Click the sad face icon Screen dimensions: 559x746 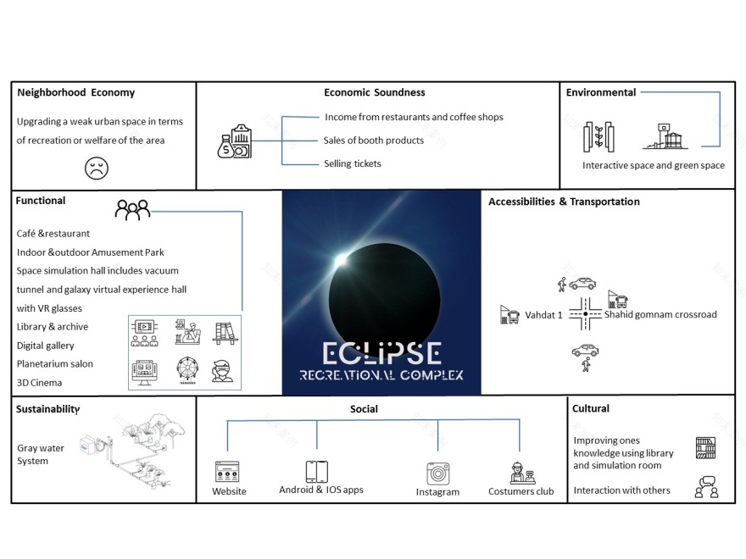pyautogui.click(x=97, y=168)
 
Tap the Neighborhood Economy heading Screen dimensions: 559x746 pyautogui.click(x=75, y=92)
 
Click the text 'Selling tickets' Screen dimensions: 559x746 pyautogui.click(x=353, y=163)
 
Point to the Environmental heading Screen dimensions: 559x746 pyautogui.click(x=600, y=92)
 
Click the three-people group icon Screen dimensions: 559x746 pyautogui.click(x=132, y=209)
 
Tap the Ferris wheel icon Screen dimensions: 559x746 pyautogui.click(x=187, y=370)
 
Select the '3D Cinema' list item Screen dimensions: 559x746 pyautogui.click(x=40, y=383)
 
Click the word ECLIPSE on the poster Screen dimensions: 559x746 pyautogui.click(x=381, y=353)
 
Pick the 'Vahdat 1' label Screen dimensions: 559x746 pyautogui.click(x=543, y=315)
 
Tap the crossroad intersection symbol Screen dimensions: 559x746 pyautogui.click(x=585, y=314)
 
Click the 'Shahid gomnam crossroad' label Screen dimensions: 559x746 pyautogui.click(x=660, y=314)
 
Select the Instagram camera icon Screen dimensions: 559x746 pyautogui.click(x=437, y=473)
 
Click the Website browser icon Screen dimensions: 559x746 pyautogui.click(x=227, y=472)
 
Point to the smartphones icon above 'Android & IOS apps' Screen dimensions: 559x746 pyautogui.click(x=317, y=472)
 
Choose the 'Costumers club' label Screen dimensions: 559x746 pyautogui.click(x=521, y=491)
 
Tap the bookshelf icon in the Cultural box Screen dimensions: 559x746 pyautogui.click(x=705, y=447)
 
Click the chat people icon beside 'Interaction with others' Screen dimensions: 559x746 pyautogui.click(x=705, y=488)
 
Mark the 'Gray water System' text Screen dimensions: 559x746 pyautogui.click(x=41, y=455)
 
